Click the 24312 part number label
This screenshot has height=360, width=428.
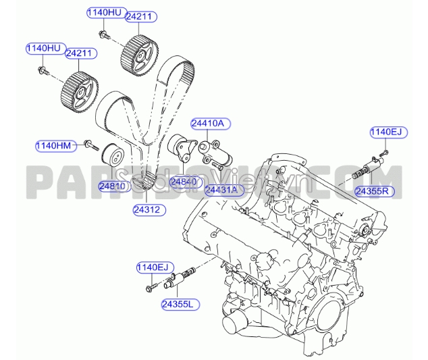pos(146,210)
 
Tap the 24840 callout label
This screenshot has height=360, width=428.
pos(183,182)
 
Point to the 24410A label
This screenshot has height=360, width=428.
pos(210,124)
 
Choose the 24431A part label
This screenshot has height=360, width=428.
pos(222,190)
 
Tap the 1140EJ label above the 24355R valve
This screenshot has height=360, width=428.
pos(385,132)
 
